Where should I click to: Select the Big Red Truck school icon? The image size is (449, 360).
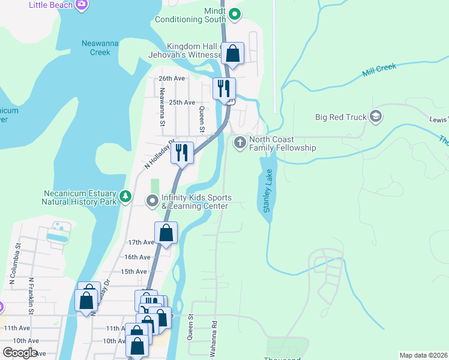tap(376, 116)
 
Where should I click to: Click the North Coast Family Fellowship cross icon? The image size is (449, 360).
tap(240, 143)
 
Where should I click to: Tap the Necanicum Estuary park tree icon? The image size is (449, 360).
tap(125, 196)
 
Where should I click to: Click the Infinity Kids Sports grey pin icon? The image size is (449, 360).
tap(152, 200)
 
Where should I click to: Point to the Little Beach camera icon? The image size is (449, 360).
tap(82, 5)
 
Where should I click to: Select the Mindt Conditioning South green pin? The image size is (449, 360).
tap(234, 14)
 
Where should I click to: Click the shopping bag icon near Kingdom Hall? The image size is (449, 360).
tap(233, 53)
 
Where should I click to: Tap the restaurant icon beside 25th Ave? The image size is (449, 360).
tap(224, 88)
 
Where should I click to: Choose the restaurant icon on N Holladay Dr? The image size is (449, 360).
tap(182, 152)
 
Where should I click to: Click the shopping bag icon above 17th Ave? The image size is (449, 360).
tap(166, 233)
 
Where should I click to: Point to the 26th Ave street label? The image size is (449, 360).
tap(172, 79)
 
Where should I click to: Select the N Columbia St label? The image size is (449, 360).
tap(11, 265)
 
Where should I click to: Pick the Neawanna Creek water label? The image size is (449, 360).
tap(96, 47)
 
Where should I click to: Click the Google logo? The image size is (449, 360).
tap(20, 353)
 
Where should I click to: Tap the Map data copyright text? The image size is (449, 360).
tap(423, 355)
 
